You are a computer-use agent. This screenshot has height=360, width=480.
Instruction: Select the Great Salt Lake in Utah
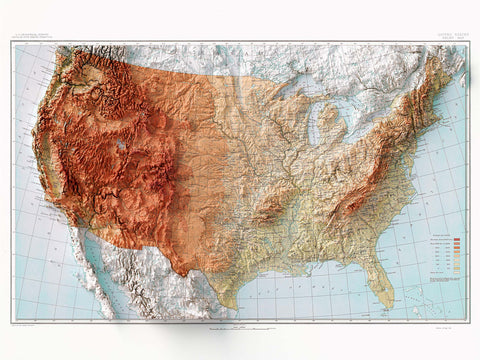121,145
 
